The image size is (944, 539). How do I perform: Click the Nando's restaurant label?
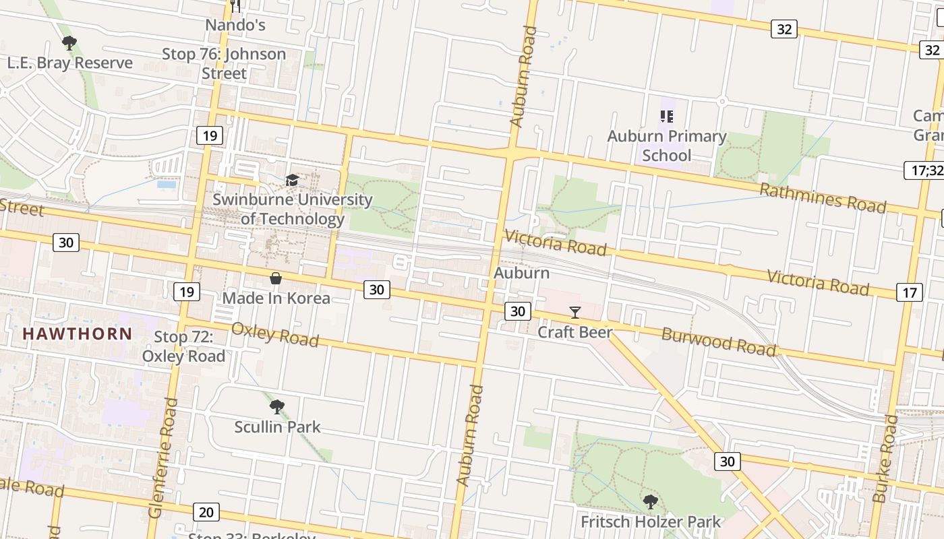(x=235, y=25)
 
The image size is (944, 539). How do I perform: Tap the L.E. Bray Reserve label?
(x=70, y=63)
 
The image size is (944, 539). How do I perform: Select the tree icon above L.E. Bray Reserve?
(x=69, y=44)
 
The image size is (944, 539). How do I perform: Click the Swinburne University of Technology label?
(x=293, y=209)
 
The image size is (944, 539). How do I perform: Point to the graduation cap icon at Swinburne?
(x=292, y=180)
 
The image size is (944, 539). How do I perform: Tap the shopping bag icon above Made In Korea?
(x=275, y=278)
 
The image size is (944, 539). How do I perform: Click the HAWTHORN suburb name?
(x=78, y=334)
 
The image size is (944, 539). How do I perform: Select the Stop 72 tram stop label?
(x=183, y=346)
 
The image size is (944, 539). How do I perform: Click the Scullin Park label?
(x=277, y=426)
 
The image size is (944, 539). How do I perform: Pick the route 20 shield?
(x=206, y=512)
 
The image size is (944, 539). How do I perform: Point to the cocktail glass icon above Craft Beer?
(x=574, y=312)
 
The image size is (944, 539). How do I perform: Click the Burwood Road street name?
(x=719, y=342)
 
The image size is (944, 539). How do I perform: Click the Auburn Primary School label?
(x=667, y=146)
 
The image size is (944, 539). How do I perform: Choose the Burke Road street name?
(x=885, y=459)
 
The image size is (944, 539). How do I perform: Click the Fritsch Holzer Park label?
(x=651, y=521)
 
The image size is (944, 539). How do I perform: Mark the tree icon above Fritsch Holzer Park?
(x=650, y=502)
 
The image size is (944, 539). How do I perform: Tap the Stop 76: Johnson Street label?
(x=224, y=63)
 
